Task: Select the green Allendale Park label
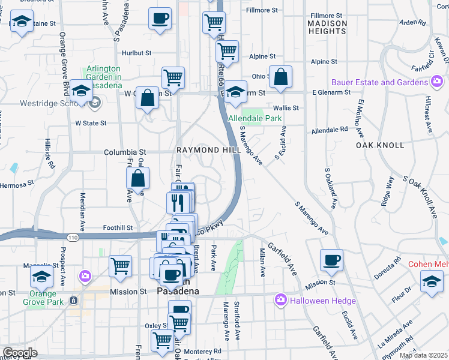255,119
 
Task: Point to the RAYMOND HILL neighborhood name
199,149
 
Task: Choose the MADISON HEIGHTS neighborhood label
327,27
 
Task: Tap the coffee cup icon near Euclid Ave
331,260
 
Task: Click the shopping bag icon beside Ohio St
280,77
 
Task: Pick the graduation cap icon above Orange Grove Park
41,277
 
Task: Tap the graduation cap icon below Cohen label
432,281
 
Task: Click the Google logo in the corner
19,353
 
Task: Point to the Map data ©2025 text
424,355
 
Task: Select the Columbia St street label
125,152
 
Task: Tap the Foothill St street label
117,228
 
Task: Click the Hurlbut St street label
136,53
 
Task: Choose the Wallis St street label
286,108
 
